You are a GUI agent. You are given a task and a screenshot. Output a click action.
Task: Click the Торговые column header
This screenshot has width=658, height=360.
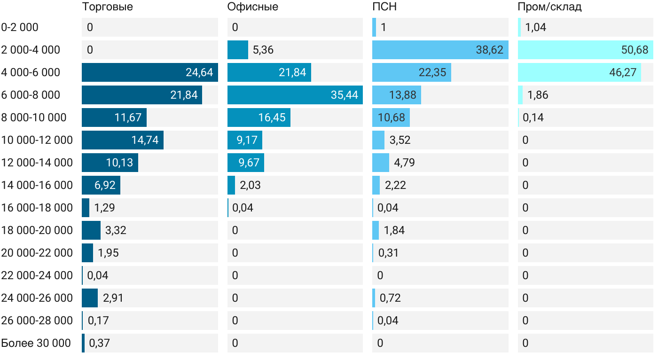(x=107, y=7)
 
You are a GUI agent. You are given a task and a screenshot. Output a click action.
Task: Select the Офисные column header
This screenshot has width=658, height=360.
(x=252, y=7)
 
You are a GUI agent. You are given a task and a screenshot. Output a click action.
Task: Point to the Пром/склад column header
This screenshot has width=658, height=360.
(x=549, y=7)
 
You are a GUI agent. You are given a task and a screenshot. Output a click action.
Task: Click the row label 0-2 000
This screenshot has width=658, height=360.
(x=20, y=27)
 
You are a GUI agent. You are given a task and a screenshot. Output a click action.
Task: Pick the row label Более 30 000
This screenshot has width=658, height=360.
(x=36, y=343)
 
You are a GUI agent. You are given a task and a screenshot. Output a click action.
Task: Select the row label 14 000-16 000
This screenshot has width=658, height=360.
(x=37, y=185)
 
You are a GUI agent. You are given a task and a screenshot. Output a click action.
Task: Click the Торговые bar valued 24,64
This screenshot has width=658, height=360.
(x=149, y=72)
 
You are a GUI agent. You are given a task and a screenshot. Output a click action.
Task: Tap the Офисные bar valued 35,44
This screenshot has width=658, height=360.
(x=295, y=95)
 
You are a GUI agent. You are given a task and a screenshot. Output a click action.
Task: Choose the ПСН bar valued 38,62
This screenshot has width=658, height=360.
(x=440, y=50)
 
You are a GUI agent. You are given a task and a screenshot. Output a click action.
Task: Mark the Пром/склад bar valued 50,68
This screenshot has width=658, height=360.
(x=585, y=50)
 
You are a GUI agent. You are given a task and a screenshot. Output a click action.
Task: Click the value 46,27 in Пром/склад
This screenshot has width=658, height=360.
(x=622, y=72)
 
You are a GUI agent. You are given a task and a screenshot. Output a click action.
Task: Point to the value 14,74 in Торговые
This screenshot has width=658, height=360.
(x=145, y=140)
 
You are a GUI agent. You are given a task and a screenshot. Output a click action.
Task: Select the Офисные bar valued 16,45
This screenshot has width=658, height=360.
(x=258, y=117)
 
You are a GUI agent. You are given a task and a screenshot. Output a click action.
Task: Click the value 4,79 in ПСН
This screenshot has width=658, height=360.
(x=404, y=163)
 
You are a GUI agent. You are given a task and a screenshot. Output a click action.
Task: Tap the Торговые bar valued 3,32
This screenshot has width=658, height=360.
(x=91, y=230)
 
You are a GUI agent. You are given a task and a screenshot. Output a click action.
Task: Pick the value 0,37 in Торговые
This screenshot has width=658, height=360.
(x=99, y=343)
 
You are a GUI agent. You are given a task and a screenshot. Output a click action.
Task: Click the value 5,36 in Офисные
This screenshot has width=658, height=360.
(x=263, y=50)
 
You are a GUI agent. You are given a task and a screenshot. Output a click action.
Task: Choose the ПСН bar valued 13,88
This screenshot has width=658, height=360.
(x=396, y=95)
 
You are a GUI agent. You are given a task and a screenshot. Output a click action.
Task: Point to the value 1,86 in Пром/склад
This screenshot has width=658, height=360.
(x=538, y=95)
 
